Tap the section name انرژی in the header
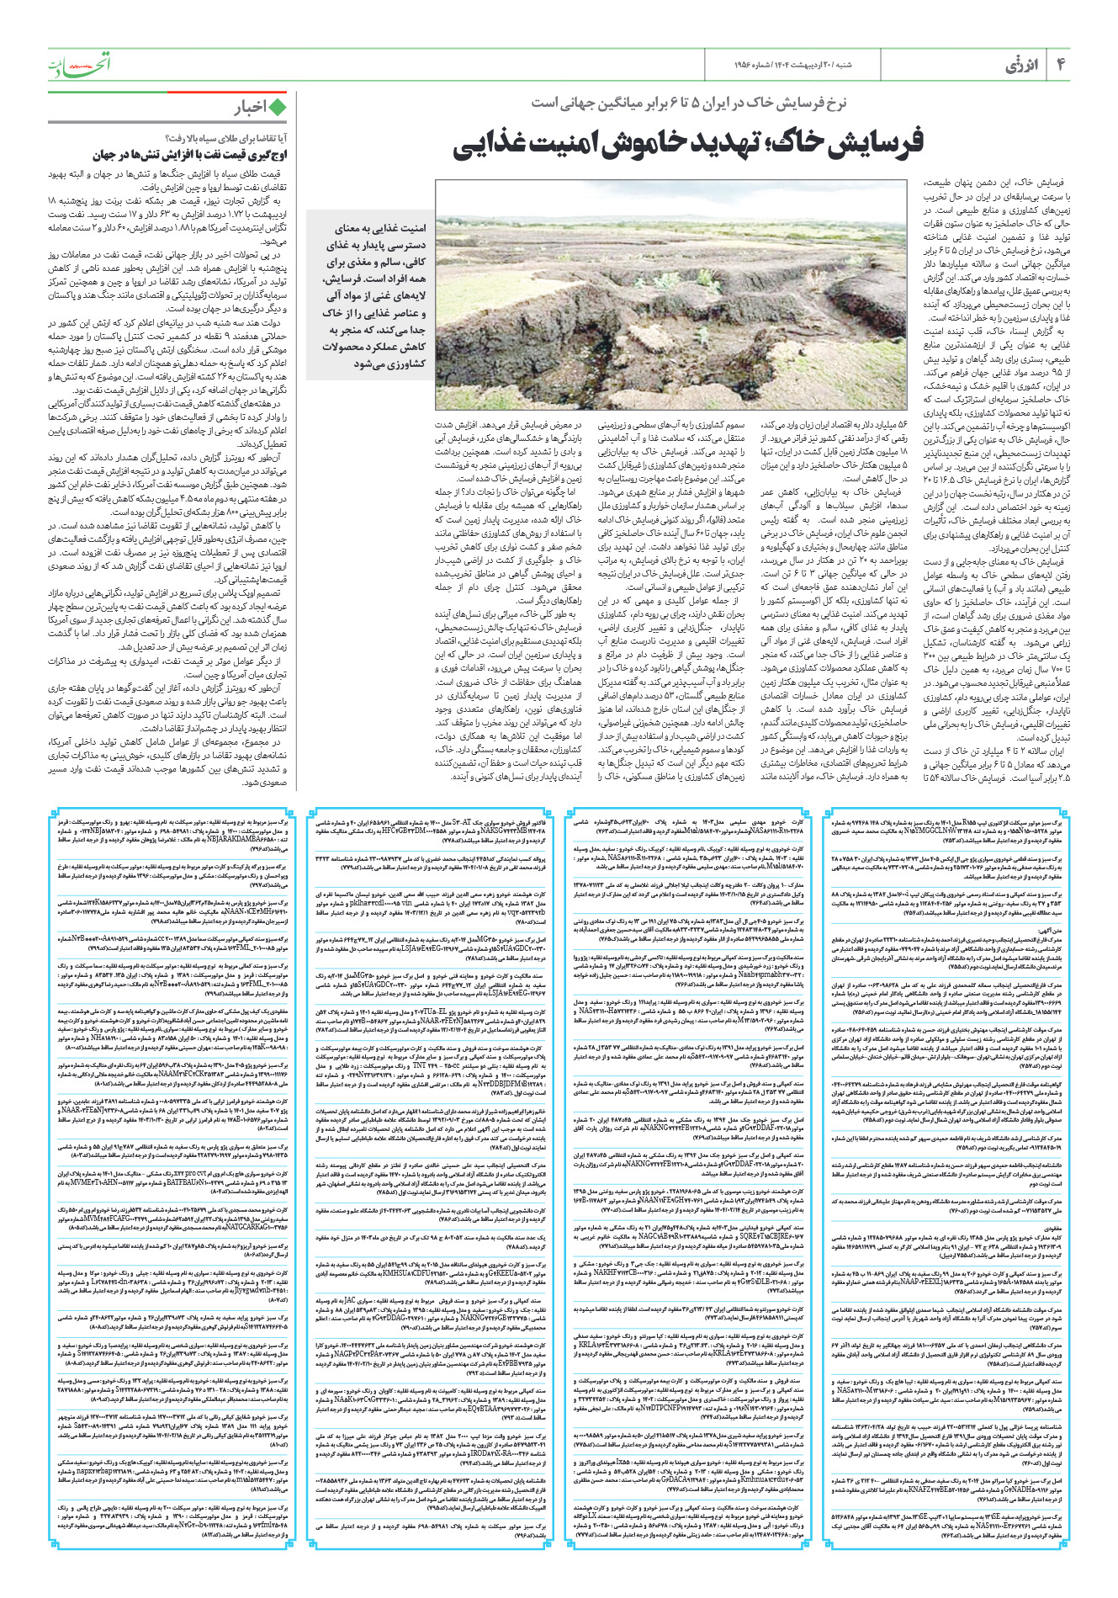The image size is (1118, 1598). tap(1022, 65)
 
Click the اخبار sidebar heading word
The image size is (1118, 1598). tap(250, 107)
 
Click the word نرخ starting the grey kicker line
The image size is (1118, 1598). tap(834, 103)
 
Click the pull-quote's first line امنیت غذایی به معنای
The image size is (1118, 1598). tap(380, 228)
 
